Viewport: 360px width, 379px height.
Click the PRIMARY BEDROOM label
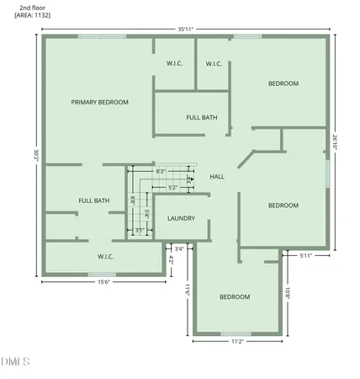click(99, 102)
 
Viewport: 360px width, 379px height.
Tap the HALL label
click(216, 177)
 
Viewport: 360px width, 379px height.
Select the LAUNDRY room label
click(181, 218)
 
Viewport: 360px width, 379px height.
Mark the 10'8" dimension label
click(289, 292)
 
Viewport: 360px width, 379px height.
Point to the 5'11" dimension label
click(310, 254)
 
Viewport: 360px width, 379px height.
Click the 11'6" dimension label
click(188, 290)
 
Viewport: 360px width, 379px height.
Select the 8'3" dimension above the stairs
click(160, 171)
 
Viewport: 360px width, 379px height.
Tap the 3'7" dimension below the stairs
click(140, 230)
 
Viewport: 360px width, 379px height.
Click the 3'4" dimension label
click(178, 248)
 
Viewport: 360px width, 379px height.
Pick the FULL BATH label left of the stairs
click(93, 200)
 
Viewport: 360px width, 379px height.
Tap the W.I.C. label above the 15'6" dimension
click(106, 257)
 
